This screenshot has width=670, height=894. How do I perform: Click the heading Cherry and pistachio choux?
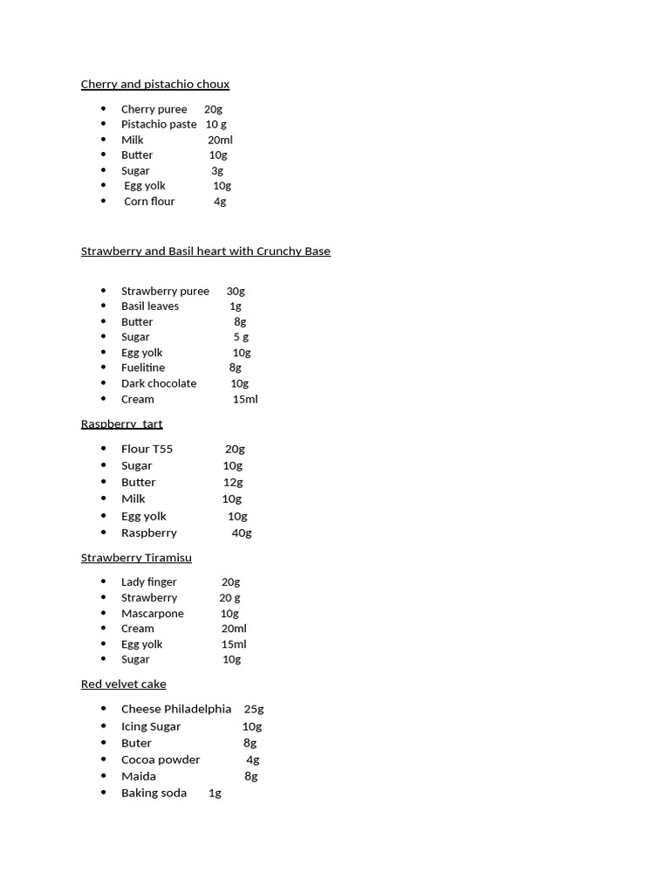[x=155, y=85]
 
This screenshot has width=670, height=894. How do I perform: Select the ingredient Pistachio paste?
[x=159, y=124]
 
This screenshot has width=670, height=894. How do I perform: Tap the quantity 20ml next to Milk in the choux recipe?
[x=220, y=140]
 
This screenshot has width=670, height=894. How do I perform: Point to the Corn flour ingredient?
[x=149, y=201]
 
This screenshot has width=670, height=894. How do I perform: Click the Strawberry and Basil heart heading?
[x=205, y=251]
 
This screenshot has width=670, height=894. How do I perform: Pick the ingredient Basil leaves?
[x=150, y=306]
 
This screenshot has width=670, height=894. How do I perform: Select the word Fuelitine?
[x=143, y=368]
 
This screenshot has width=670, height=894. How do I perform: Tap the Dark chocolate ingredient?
[x=159, y=383]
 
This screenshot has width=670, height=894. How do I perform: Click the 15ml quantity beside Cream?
[x=245, y=399]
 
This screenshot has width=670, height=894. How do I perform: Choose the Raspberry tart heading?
[x=121, y=424]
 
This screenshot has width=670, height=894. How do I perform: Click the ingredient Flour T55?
[x=147, y=449]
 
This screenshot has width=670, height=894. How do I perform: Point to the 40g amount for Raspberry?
[x=242, y=533]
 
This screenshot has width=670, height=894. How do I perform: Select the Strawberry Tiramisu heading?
[x=136, y=558]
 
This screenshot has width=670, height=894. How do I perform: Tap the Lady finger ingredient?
[x=149, y=581]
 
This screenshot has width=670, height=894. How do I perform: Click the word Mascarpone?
[x=153, y=613]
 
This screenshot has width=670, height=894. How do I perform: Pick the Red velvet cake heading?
[x=123, y=684]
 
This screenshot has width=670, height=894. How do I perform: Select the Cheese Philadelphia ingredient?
[x=176, y=709]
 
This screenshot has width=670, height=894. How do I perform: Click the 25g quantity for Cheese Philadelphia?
[x=254, y=709]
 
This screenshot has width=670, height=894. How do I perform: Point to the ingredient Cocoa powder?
[x=161, y=760]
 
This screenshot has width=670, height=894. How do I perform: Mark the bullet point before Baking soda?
[x=104, y=793]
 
